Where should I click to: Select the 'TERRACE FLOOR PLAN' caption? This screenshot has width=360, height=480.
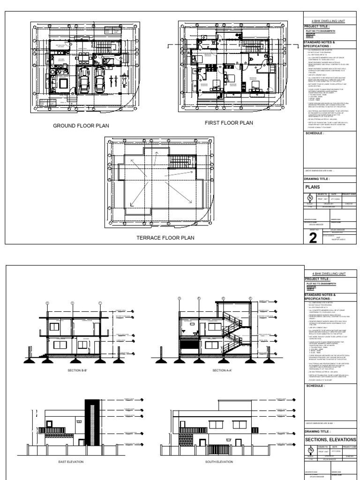(x=165, y=238)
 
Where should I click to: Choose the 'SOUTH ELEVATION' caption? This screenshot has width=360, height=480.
(x=219, y=462)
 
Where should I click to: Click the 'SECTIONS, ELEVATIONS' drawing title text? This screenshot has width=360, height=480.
(x=330, y=439)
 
